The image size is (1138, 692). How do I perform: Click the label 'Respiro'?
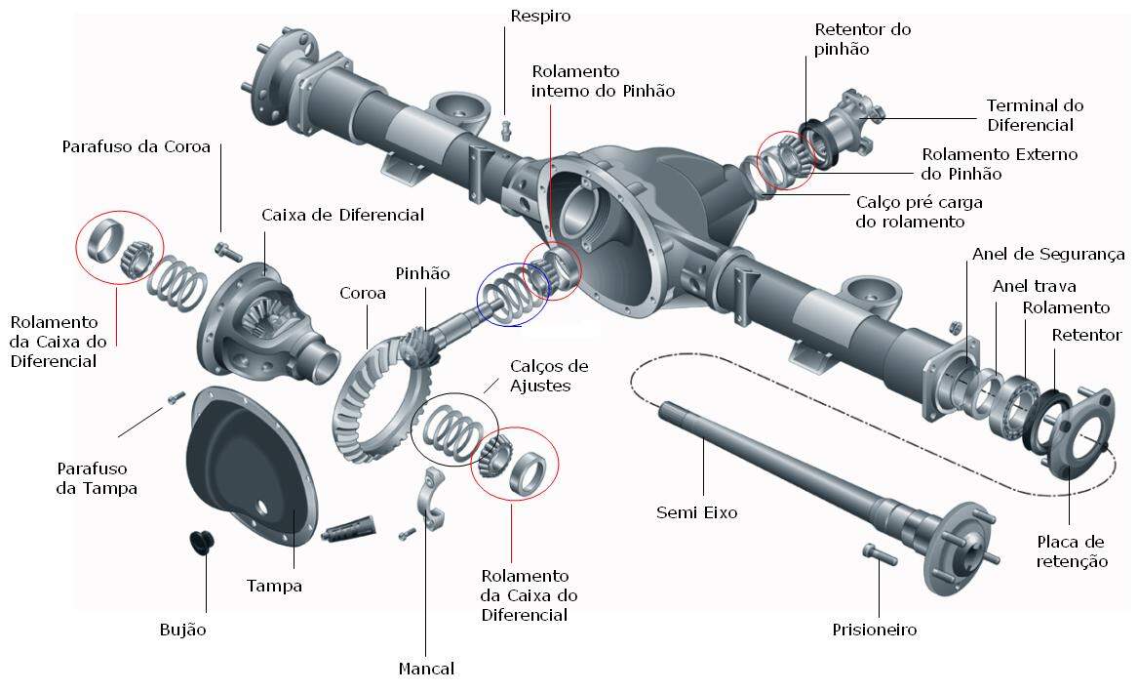[x=540, y=16]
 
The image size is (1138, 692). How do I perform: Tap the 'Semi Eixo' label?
[x=696, y=511]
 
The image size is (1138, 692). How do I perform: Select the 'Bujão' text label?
[x=182, y=630]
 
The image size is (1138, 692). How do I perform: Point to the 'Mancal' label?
[x=426, y=669]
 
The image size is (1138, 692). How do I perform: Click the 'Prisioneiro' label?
[x=874, y=630]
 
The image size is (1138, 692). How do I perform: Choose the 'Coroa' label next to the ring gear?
[x=363, y=293]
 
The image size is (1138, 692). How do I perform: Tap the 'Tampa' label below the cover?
[x=274, y=586]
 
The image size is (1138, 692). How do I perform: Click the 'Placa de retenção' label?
[x=1071, y=551]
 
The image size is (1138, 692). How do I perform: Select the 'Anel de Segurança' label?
[x=1048, y=255]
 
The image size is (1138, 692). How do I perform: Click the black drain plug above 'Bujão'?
[x=201, y=542]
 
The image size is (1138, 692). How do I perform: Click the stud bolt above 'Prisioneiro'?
[x=880, y=553]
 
